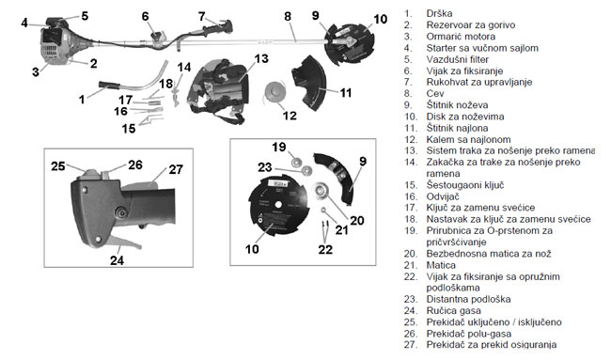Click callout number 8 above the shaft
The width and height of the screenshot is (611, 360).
coord(288,17)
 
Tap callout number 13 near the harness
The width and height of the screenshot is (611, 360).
coord(261,59)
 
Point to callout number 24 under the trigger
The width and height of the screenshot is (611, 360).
coord(117,260)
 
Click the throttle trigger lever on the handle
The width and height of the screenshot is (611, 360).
coord(125,243)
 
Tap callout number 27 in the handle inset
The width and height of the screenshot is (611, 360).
coord(176,169)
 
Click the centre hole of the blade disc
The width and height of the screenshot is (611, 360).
coord(277,204)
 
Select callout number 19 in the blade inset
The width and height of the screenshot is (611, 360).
coord(279,148)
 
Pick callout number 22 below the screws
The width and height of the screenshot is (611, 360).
coord(325,249)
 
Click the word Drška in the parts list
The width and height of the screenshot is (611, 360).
coord(439,14)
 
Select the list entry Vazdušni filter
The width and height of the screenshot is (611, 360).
coord(458,59)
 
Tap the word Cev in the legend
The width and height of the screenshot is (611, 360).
coord(435,94)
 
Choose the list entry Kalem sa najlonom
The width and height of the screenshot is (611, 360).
coord(468,139)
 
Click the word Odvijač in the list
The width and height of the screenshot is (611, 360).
coord(443,196)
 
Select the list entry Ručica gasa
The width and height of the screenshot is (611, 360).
coord(454,311)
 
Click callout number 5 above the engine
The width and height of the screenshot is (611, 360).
coord(85,16)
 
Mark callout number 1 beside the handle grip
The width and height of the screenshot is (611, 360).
coord(82,100)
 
